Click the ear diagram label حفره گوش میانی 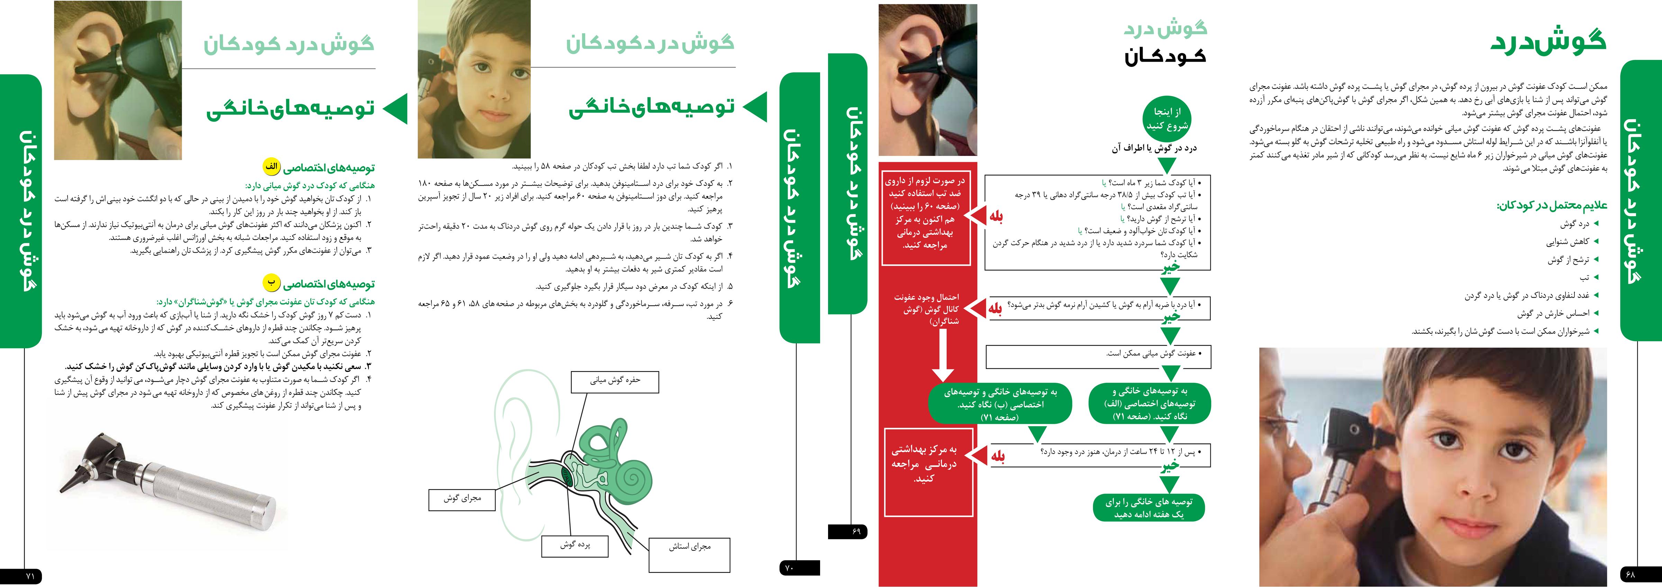[615, 381]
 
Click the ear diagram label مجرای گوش [462, 499]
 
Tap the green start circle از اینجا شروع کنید [1166, 119]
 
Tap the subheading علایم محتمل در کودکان [1552, 205]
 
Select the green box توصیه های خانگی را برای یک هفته [1148, 508]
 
